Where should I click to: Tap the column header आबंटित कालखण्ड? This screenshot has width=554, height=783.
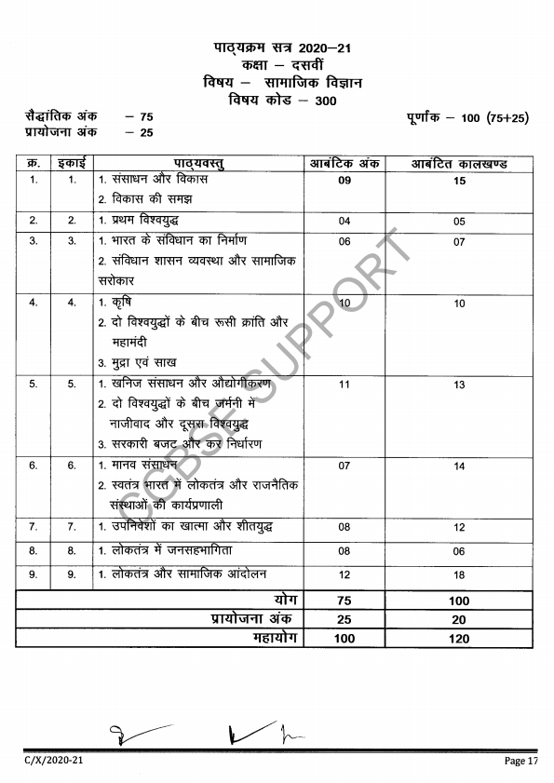coord(459,164)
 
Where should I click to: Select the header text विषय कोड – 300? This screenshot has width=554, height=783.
coord(283,101)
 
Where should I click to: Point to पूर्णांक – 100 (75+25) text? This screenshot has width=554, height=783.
coord(467,118)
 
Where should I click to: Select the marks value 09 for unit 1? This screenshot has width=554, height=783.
coord(345,181)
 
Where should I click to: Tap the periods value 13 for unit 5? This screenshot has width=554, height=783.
coord(459,385)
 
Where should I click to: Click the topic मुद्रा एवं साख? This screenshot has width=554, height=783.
coord(137,362)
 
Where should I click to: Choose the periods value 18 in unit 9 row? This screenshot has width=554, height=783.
coord(459,575)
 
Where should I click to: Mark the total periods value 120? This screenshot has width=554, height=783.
coord(459,639)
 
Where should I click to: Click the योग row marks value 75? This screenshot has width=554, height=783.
coord(345,601)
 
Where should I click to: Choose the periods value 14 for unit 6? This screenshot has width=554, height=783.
coord(459,466)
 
